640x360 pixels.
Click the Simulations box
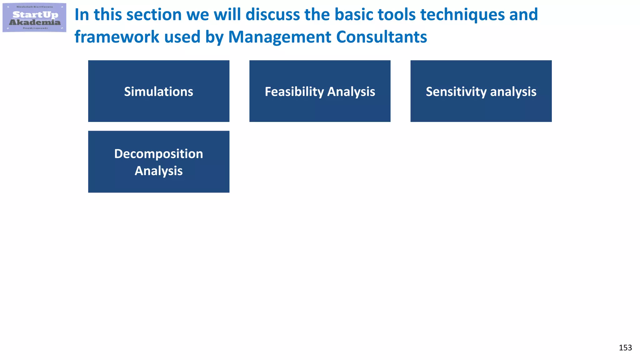click(x=158, y=91)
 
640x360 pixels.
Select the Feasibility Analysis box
click(x=320, y=91)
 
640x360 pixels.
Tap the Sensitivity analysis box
click(x=481, y=91)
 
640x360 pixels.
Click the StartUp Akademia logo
click(x=34, y=17)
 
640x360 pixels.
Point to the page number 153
click(x=625, y=348)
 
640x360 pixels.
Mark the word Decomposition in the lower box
click(x=158, y=154)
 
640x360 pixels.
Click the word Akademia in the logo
click(x=35, y=22)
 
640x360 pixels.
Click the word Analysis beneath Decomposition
click(x=158, y=171)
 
